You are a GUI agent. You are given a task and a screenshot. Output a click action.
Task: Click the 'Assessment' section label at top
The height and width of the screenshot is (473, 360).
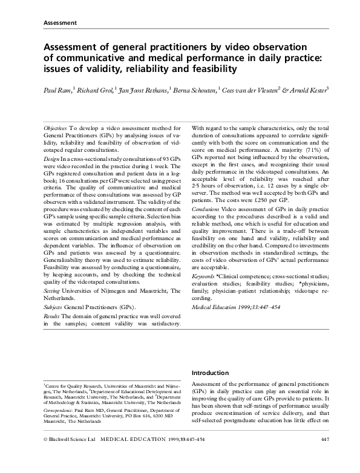[x=59, y=23]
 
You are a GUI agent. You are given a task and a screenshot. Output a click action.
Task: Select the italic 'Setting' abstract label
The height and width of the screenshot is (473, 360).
[x=53, y=290]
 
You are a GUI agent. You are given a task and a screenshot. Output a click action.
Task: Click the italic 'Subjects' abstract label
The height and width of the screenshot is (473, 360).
[x=54, y=307]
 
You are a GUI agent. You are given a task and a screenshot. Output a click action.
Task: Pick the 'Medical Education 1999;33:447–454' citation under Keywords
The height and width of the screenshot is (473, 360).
[x=235, y=307]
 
